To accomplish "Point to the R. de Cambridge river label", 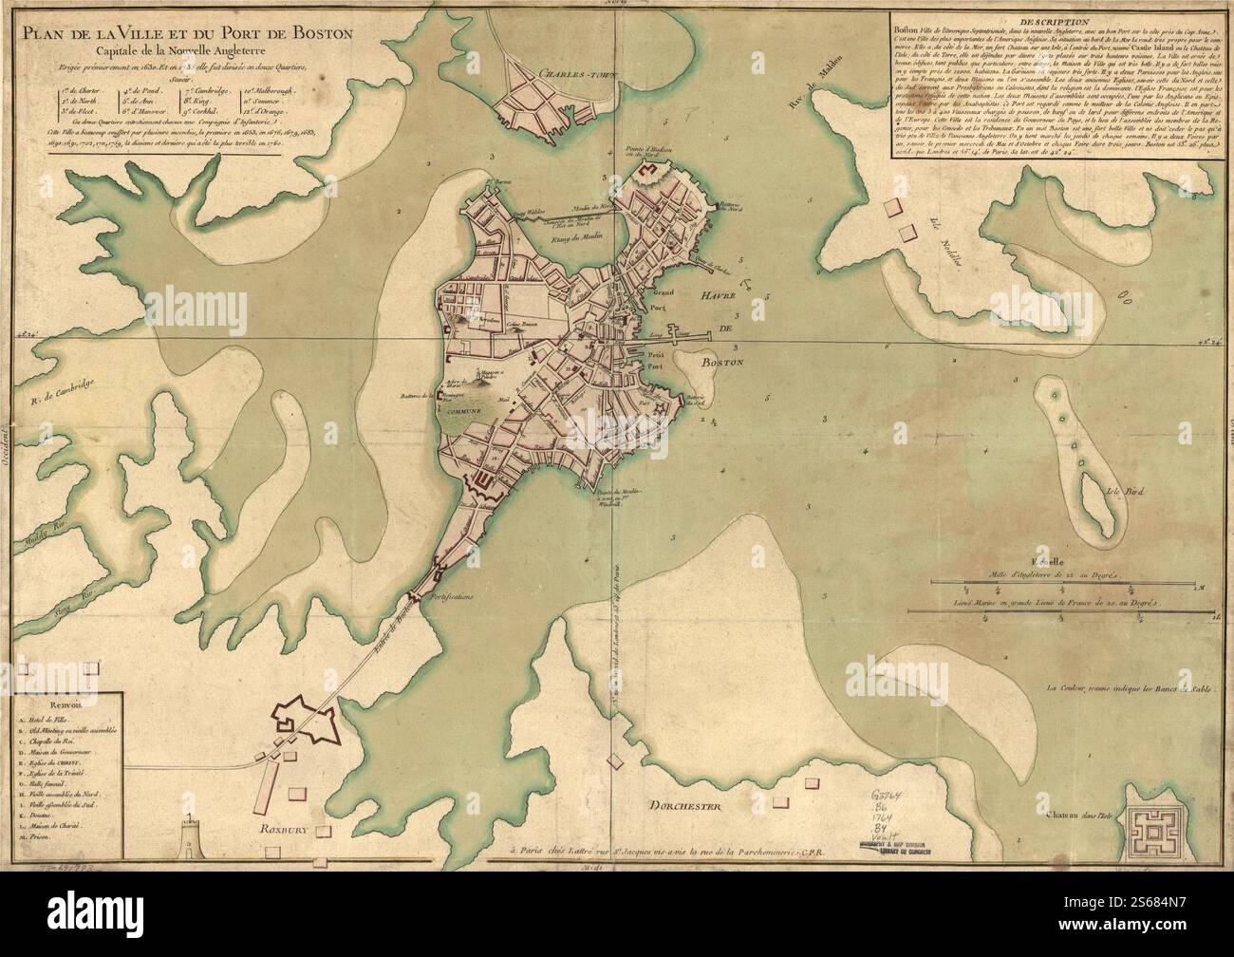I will (x=54, y=395).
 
